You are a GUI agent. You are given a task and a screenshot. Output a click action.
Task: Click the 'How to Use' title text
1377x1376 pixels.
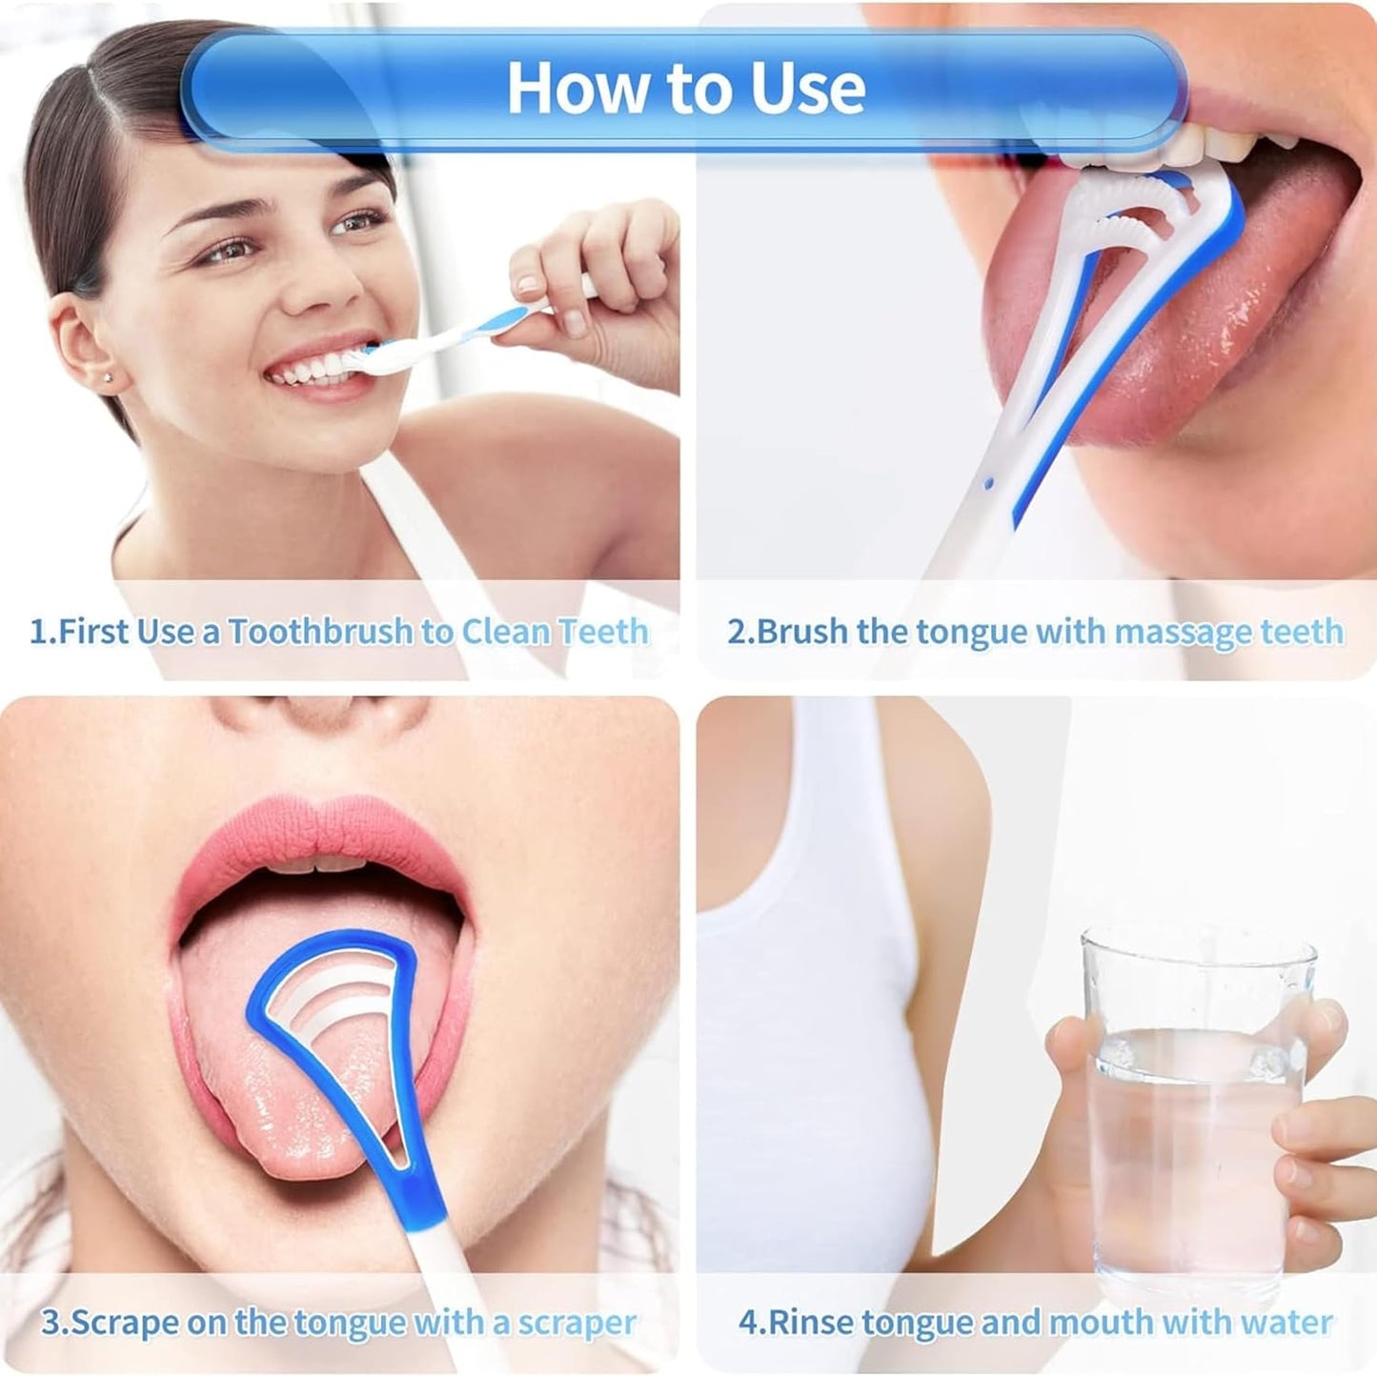point(686,88)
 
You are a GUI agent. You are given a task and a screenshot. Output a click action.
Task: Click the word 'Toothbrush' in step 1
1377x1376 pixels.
point(320,632)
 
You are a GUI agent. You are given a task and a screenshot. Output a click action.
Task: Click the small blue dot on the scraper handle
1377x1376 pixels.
point(989,484)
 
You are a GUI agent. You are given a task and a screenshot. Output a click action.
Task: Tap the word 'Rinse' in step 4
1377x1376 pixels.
point(812,1282)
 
